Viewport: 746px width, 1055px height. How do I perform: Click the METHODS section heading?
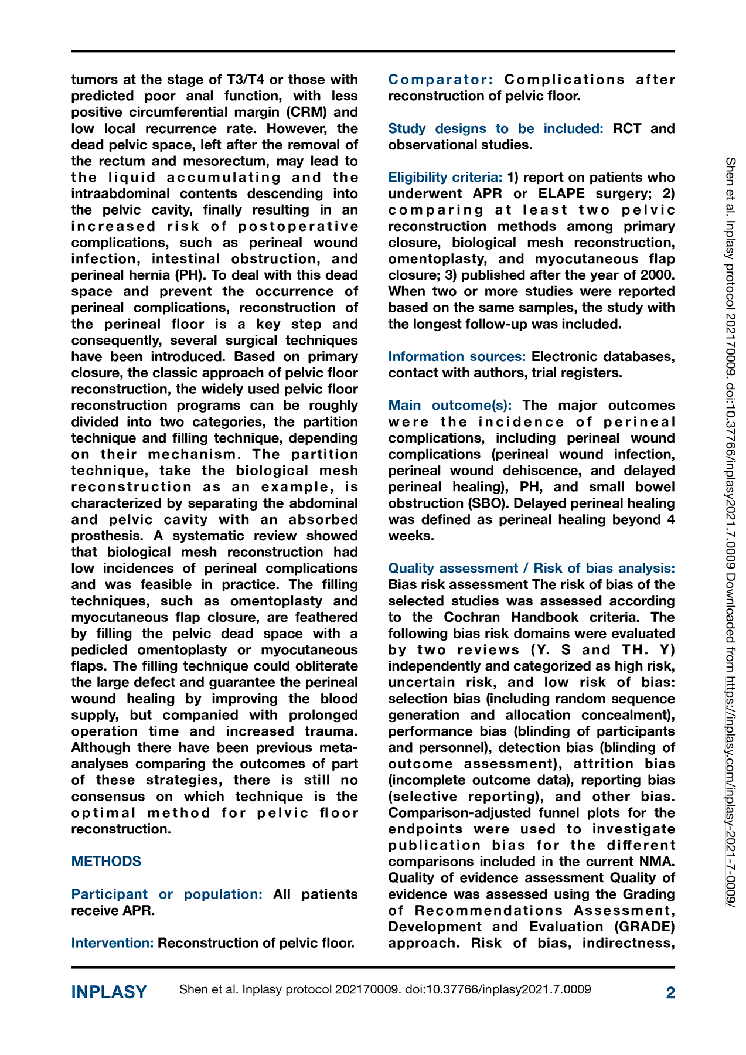(x=106, y=861)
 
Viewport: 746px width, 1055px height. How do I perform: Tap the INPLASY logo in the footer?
(x=109, y=992)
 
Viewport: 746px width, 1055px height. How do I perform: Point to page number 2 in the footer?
(x=670, y=992)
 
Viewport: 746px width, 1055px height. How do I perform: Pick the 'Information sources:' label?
(x=457, y=356)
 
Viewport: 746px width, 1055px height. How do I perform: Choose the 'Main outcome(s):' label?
(x=450, y=405)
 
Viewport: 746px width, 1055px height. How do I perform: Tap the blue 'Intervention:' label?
(x=113, y=942)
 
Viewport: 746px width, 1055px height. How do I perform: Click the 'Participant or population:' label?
(x=167, y=894)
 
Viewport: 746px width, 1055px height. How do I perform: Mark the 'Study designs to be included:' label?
(x=495, y=128)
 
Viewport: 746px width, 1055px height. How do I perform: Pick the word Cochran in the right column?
(x=474, y=617)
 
